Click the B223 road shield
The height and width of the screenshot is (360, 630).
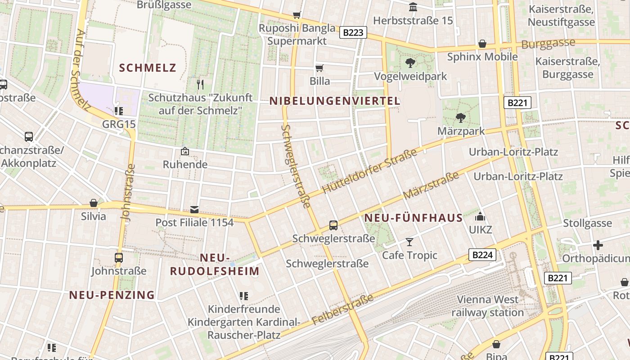(353, 32)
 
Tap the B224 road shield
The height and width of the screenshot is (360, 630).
(482, 255)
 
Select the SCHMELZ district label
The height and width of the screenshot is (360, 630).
(148, 68)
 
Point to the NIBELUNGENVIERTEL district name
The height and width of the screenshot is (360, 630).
(335, 101)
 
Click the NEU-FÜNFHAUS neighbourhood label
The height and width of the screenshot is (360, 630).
(413, 218)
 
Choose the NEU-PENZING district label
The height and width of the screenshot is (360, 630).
(112, 295)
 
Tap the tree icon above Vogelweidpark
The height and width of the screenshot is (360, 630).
(410, 63)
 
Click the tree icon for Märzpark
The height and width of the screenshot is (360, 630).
(460, 118)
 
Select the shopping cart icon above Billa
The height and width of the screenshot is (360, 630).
(319, 68)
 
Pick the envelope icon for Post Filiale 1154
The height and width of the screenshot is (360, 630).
(194, 209)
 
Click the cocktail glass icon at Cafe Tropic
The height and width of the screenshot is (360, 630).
(409, 242)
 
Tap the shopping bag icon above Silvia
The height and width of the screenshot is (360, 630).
(94, 203)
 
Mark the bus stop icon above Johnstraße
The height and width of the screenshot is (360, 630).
(119, 258)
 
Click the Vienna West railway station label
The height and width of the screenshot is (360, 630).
(488, 306)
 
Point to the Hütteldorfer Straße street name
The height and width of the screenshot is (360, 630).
(370, 172)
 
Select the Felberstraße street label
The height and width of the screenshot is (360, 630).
(342, 310)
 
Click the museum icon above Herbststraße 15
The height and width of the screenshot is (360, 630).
(413, 7)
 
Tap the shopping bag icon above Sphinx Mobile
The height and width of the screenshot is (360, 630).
(482, 44)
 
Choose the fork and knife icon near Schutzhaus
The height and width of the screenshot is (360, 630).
(201, 84)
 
